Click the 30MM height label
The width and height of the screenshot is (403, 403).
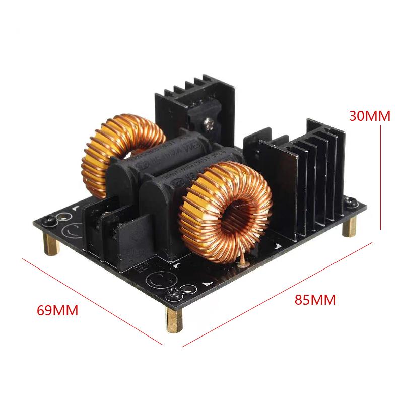click(370, 116)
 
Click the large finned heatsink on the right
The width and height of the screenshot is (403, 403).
click(302, 176)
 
